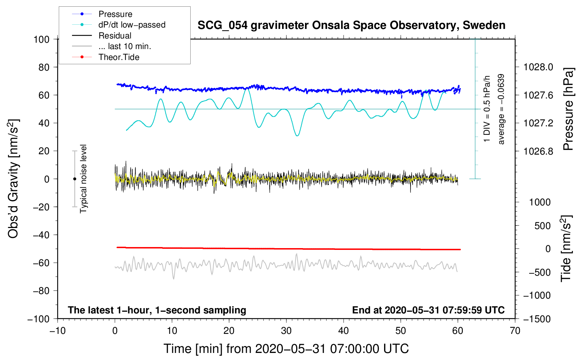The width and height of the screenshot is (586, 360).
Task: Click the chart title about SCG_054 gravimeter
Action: coord(351,25)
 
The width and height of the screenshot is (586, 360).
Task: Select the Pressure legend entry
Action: coord(115,14)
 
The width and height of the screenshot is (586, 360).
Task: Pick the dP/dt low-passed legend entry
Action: coord(132,25)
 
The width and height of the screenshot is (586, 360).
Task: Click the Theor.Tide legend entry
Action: coord(119,57)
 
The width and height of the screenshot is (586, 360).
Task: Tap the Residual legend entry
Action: coord(115,36)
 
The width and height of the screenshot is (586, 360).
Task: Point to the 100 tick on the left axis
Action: coord(41,39)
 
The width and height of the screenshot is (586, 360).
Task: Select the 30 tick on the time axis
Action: coord(286,331)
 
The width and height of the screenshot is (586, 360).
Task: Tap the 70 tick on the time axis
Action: coord(515,331)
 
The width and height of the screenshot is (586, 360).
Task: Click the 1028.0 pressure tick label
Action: coord(538,67)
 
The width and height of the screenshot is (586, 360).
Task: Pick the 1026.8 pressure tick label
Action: coord(538,151)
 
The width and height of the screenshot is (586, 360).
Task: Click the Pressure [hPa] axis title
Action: coord(568,109)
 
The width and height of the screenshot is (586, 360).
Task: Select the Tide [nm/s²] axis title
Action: coord(566,248)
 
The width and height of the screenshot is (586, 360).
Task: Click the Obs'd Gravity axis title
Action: coord(13,179)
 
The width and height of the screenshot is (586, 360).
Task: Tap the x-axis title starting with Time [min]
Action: coord(286,349)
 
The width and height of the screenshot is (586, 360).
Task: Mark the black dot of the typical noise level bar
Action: coord(74,179)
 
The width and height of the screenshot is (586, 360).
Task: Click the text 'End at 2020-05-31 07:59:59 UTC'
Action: coord(428,310)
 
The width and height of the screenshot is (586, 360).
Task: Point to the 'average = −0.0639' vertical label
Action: coord(501,109)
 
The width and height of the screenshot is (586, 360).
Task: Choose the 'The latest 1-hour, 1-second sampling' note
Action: coord(157,310)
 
